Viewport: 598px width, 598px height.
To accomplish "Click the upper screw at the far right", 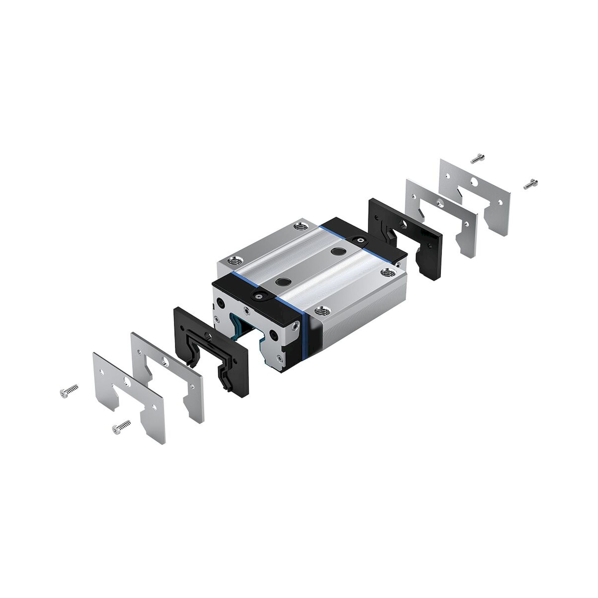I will pos(477,159).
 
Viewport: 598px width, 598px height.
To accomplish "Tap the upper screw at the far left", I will pos(68,390).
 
